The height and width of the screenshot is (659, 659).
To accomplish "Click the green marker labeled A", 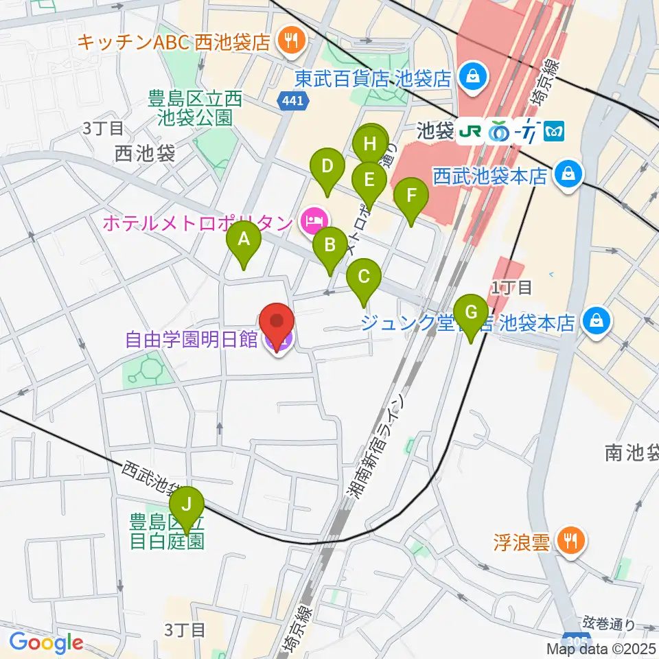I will (243, 240).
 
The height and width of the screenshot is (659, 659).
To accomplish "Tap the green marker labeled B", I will (329, 245).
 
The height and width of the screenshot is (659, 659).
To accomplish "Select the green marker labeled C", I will (364, 277).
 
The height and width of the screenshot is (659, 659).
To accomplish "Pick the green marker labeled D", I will (328, 167).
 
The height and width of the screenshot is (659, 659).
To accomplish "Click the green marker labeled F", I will (411, 196).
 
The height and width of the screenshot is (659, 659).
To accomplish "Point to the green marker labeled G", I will (471, 312).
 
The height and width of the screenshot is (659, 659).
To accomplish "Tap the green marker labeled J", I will (186, 505).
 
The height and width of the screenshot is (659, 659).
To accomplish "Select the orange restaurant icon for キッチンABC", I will (291, 42).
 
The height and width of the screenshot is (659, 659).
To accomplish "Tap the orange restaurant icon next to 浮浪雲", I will (570, 542).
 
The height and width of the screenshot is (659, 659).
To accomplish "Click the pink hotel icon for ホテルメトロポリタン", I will (313, 222).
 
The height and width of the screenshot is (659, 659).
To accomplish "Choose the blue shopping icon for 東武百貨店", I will (473, 76).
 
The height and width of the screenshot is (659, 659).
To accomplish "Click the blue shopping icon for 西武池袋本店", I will (569, 176).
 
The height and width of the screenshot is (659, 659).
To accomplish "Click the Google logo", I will (47, 643).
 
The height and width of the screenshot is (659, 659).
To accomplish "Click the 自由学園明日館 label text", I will (191, 339).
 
